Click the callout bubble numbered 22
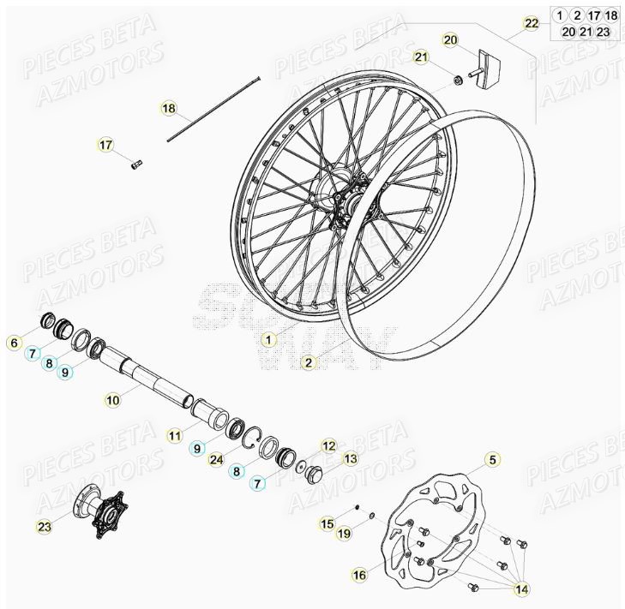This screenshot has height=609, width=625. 532,23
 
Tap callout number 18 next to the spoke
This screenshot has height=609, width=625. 169,109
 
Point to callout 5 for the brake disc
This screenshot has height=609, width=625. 492,460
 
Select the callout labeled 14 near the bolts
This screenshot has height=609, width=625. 520,589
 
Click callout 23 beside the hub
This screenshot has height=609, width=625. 44,526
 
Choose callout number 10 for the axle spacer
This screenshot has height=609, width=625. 112,398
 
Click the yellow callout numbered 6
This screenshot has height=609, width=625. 13,343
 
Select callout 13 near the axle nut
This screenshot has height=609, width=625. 350,459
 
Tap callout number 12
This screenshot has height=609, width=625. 329,445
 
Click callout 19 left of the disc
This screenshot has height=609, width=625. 343,534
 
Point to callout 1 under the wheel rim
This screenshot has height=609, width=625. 268,339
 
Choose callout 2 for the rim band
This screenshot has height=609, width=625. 308,362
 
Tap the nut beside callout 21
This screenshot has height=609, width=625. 460,81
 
